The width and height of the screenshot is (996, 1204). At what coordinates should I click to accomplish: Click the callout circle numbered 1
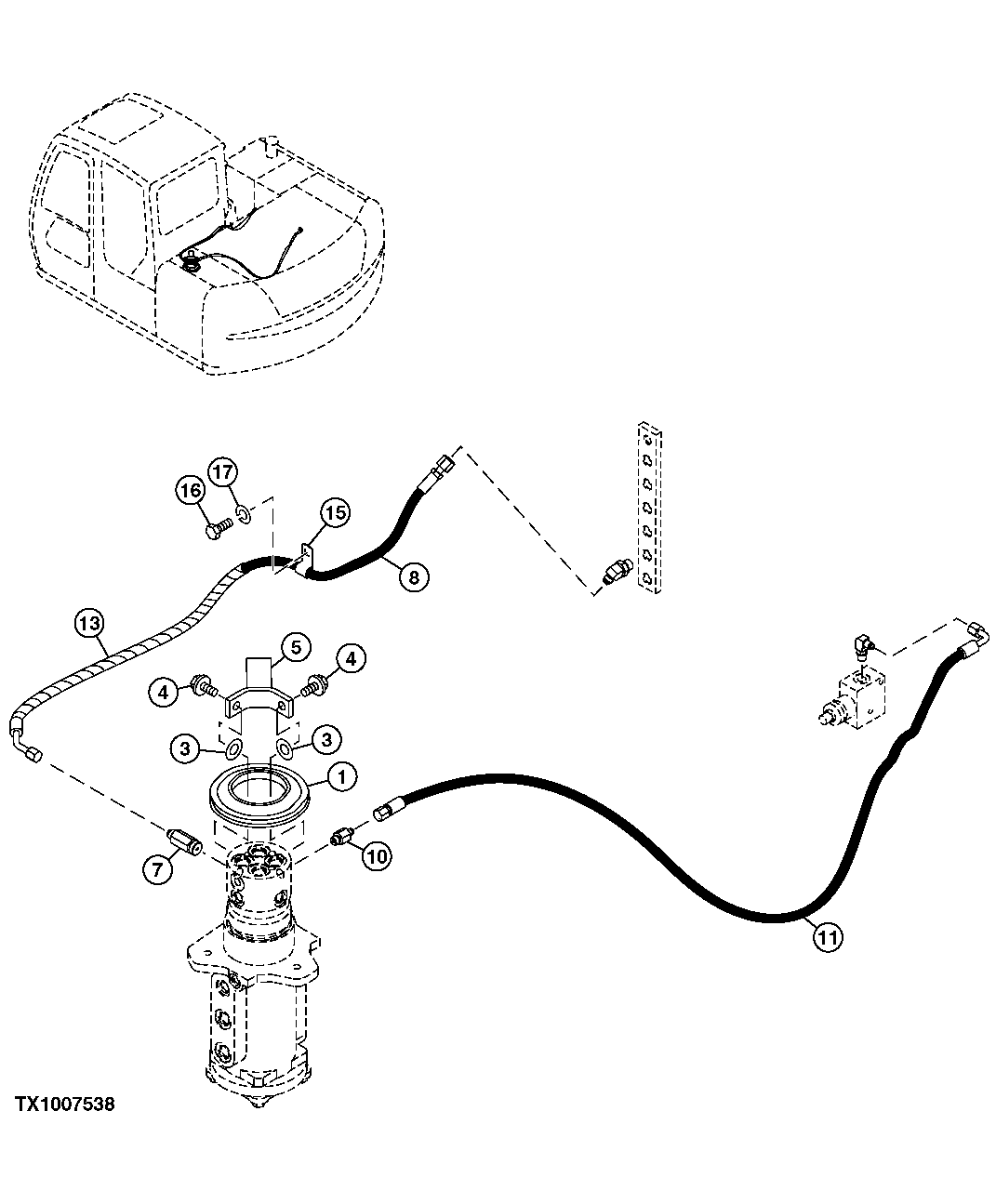tap(341, 776)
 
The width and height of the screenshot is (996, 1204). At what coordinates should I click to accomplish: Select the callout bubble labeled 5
tap(294, 647)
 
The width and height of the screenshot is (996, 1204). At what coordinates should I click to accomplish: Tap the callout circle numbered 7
tap(157, 871)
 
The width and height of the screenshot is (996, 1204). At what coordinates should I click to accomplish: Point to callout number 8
tap(414, 577)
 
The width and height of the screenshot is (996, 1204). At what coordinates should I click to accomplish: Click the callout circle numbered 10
tap(377, 856)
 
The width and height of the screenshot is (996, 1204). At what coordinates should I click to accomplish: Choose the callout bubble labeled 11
tap(827, 938)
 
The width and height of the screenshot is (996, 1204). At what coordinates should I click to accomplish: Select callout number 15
tap(336, 512)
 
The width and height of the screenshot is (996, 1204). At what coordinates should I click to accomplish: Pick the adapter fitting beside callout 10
tap(343, 836)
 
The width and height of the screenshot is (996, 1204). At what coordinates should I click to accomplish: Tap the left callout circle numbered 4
tap(163, 692)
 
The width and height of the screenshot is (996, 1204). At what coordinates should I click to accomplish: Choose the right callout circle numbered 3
tap(325, 740)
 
